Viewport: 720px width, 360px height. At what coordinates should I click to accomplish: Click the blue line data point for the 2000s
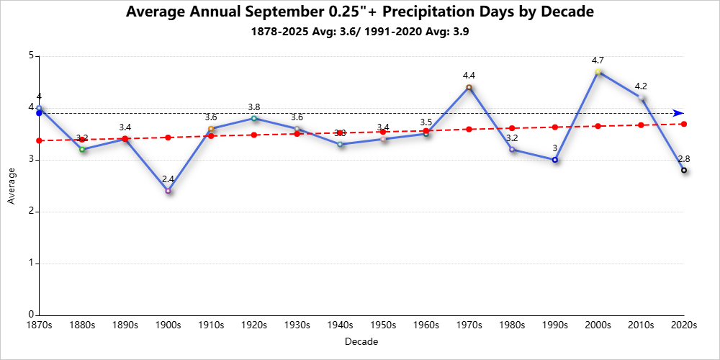(598, 72)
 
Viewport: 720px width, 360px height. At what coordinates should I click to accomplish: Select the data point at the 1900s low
(168, 191)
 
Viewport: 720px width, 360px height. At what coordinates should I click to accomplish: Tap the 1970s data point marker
(469, 87)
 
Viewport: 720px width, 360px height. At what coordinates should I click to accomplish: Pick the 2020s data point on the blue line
(684, 170)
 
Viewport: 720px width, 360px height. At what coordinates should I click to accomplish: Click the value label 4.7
(598, 60)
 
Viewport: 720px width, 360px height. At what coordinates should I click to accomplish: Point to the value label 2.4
(168, 179)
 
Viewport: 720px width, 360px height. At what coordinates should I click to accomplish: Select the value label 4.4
(469, 76)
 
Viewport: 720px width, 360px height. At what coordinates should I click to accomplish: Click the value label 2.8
(684, 158)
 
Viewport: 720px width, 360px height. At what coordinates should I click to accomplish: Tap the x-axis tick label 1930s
(297, 325)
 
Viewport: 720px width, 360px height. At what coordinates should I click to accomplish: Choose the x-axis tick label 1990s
(554, 325)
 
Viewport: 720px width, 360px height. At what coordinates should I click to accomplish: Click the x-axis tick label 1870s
(39, 325)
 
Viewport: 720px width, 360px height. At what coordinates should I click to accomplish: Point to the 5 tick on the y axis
(32, 56)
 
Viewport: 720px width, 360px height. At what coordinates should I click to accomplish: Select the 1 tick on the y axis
(32, 264)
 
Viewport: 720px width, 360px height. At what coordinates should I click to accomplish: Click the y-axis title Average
(11, 186)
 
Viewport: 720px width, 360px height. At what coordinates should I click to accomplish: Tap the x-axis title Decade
(361, 341)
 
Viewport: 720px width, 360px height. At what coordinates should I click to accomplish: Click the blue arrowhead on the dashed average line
(678, 113)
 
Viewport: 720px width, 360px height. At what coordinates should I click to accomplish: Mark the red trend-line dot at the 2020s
(684, 124)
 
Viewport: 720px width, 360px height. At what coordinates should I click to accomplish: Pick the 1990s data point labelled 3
(554, 160)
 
